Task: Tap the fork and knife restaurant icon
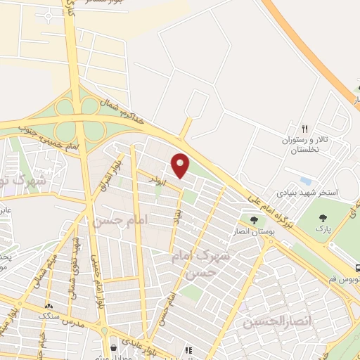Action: click(304, 129)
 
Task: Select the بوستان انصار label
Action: click(250, 231)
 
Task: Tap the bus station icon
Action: click(357, 267)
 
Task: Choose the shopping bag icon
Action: click(114, 348)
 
